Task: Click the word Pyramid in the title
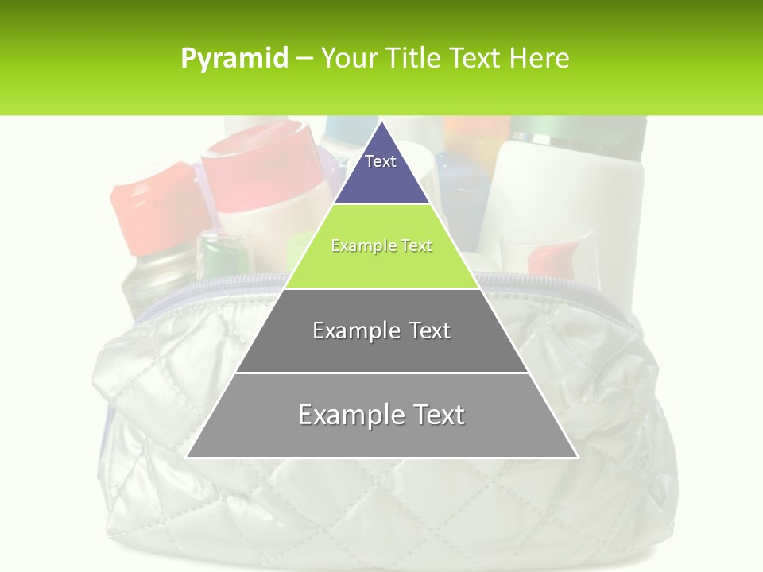coord(234,59)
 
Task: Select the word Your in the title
coord(348,59)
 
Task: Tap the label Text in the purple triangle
coord(381,161)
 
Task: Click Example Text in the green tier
coord(381,246)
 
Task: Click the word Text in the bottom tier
coord(434,415)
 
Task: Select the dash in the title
coord(304,59)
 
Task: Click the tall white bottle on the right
coord(548,199)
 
